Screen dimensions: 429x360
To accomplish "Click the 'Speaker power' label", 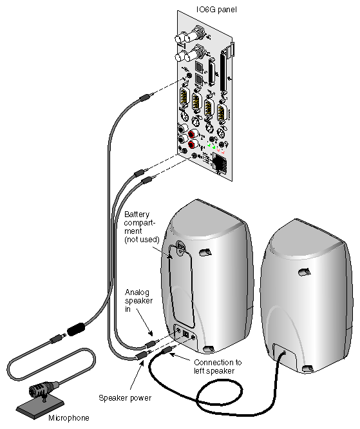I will (x=119, y=397).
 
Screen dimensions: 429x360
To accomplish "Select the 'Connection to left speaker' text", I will (x=217, y=366).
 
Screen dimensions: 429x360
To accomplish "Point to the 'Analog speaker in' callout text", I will (x=139, y=301).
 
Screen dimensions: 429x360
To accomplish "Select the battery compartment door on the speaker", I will (x=182, y=283).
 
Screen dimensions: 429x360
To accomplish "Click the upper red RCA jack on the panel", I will (x=191, y=135).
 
